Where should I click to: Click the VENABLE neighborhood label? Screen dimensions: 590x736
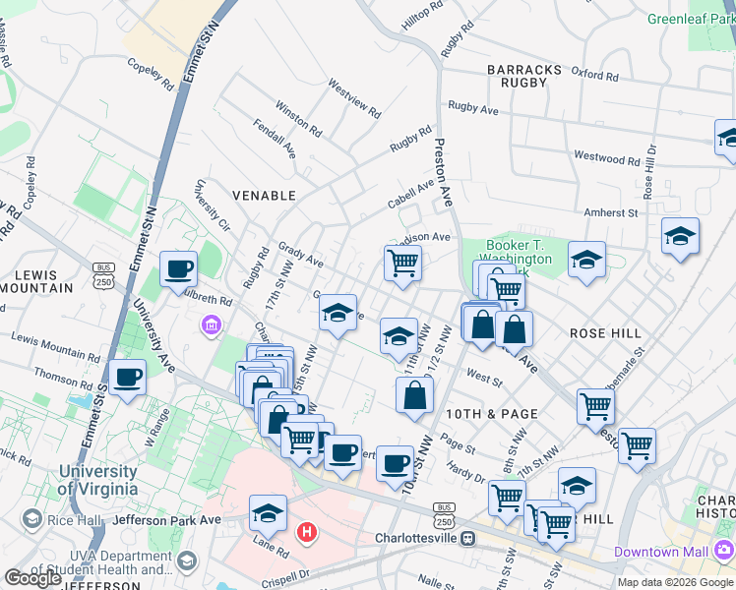pyautogui.click(x=263, y=196)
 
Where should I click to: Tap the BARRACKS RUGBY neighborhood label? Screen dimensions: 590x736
pyautogui.click(x=524, y=76)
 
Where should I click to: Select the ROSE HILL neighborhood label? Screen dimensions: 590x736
pyautogui.click(x=606, y=333)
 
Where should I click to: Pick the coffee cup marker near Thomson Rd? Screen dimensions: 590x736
pyautogui.click(x=128, y=377)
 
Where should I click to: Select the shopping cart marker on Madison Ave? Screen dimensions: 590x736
pyautogui.click(x=401, y=263)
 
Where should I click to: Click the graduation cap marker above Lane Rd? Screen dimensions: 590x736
pyautogui.click(x=268, y=512)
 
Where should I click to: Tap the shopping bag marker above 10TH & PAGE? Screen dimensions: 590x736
pyautogui.click(x=415, y=395)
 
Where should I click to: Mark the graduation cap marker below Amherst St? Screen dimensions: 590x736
pyautogui.click(x=680, y=236)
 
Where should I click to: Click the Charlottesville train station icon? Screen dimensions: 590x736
pyautogui.click(x=468, y=539)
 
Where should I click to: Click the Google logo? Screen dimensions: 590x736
pyautogui.click(x=33, y=578)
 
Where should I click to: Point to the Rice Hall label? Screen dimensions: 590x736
pyautogui.click(x=69, y=518)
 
